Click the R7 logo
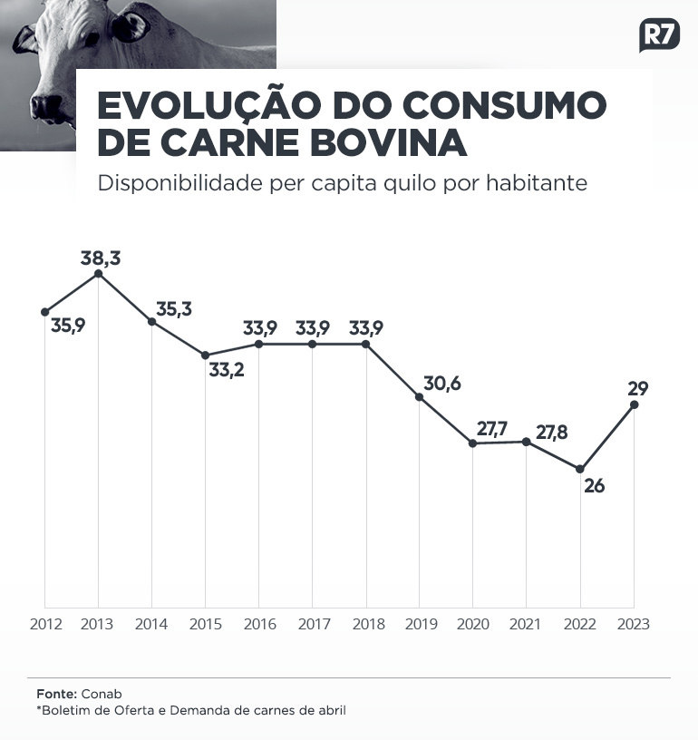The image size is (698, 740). (x=659, y=34)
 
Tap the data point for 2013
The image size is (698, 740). (x=98, y=273)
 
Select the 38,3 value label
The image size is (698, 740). (x=101, y=258)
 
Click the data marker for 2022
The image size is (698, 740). (x=580, y=469)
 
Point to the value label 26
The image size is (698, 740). (x=594, y=486)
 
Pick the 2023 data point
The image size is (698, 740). (x=634, y=404)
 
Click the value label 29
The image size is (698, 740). (x=637, y=388)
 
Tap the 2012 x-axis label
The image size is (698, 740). (x=45, y=624)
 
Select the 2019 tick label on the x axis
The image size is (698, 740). (x=420, y=624)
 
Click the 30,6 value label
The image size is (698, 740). (x=441, y=384)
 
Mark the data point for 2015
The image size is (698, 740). (x=205, y=355)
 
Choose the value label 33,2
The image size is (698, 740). (x=227, y=370)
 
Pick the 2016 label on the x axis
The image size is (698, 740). (x=259, y=624)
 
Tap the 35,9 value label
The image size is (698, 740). (x=68, y=325)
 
